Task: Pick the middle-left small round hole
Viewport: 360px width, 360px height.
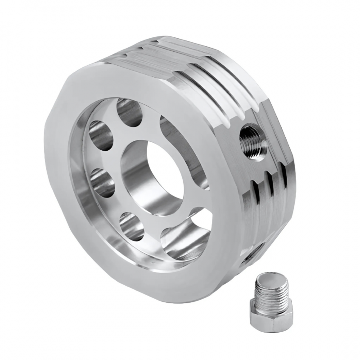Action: click(x=103, y=182)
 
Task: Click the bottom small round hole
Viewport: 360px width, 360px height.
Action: click(x=132, y=226)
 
